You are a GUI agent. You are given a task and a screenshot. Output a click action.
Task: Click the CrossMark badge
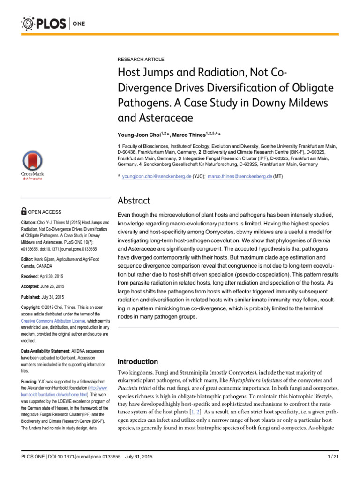(x=32, y=166)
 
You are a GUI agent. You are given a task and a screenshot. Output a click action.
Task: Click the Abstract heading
(x=134, y=201)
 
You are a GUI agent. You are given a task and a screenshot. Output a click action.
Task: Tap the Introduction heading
(x=137, y=362)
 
